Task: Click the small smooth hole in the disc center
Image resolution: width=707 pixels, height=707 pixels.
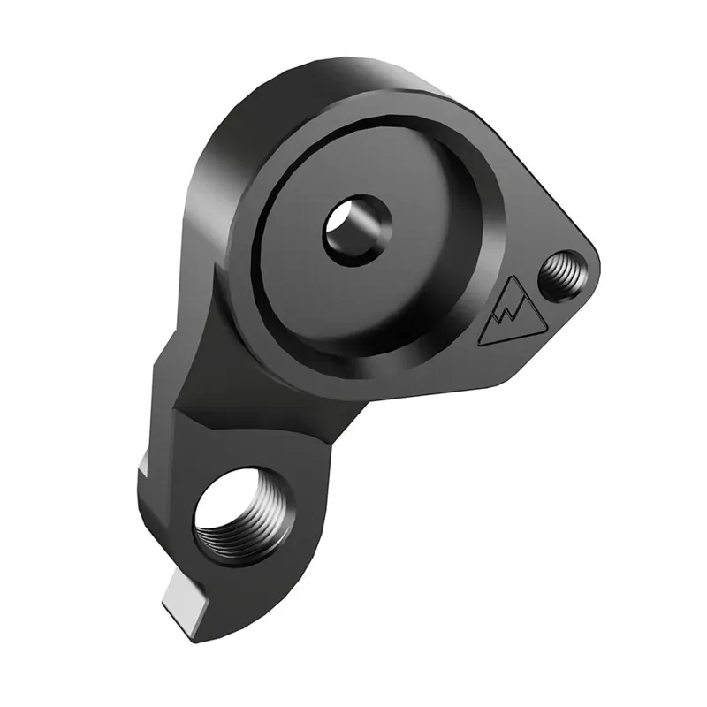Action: (x=356, y=230)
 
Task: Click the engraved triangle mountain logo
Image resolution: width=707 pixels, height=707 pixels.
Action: (x=512, y=313)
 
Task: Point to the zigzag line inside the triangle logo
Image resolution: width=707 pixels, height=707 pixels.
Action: (x=511, y=316)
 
